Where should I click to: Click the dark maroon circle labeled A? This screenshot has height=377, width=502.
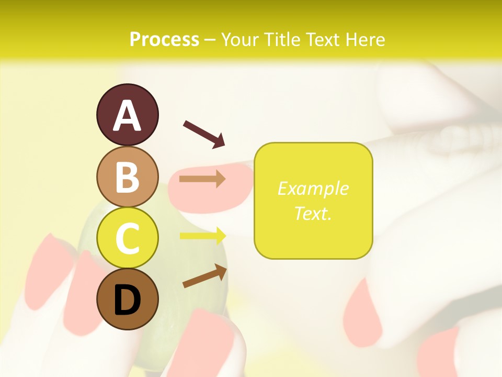click(x=128, y=115)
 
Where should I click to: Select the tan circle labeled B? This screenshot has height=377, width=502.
click(x=128, y=176)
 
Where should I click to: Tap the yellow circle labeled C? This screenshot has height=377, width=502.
click(x=128, y=238)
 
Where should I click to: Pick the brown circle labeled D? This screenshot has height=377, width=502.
click(x=128, y=300)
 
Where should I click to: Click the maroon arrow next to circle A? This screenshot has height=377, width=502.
click(x=204, y=134)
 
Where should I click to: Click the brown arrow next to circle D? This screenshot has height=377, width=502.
click(x=204, y=276)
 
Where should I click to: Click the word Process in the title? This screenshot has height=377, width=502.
click(x=164, y=40)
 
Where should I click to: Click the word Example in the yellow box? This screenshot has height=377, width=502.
click(x=313, y=188)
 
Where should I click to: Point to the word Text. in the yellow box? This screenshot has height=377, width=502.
click(x=313, y=214)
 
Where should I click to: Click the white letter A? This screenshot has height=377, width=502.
click(x=128, y=115)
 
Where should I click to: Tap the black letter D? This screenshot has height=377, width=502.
click(x=128, y=300)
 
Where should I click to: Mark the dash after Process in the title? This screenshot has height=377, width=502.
click(x=210, y=40)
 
